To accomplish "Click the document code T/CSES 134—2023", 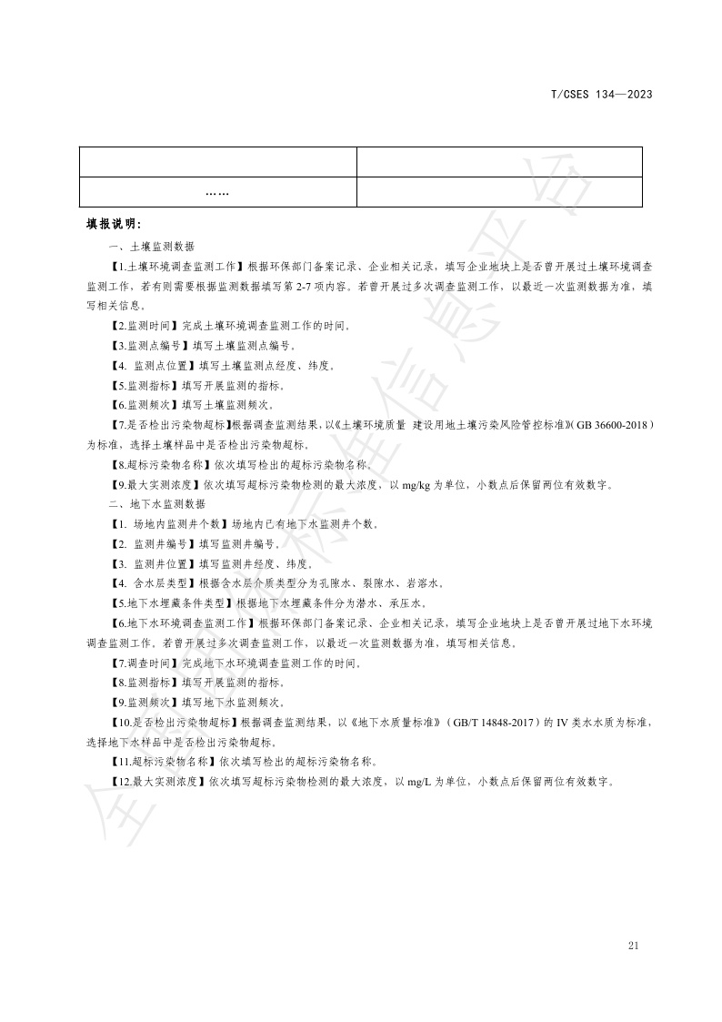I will click(x=601, y=94).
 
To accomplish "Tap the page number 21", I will click(x=634, y=945).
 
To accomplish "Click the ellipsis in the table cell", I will click(x=216, y=193).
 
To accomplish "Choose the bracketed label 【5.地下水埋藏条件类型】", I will click(x=169, y=602).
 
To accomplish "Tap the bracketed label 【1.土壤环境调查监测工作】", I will click(x=175, y=266).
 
